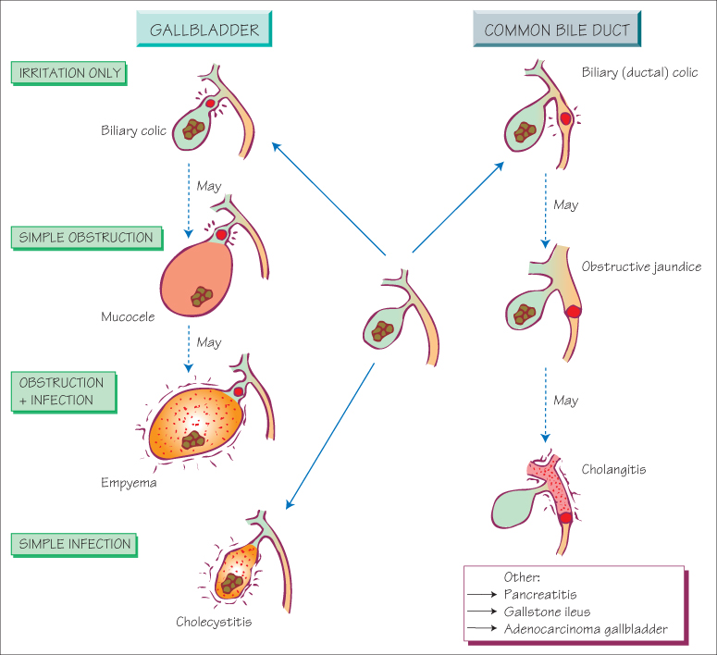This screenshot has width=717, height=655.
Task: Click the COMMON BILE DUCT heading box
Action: click(557, 30)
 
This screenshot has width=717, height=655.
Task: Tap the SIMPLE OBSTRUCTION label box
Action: click(86, 238)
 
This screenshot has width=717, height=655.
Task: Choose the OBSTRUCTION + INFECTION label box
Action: click(63, 391)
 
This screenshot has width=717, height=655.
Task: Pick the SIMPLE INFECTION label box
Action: click(75, 544)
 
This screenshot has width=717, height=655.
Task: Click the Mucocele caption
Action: click(128, 316)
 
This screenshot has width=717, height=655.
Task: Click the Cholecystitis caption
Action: click(214, 621)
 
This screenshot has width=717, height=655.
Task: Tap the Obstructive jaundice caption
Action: click(641, 266)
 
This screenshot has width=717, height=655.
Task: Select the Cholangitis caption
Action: click(613, 470)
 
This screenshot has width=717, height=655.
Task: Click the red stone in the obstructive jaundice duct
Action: click(573, 313)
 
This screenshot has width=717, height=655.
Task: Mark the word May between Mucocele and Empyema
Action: click(209, 342)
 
